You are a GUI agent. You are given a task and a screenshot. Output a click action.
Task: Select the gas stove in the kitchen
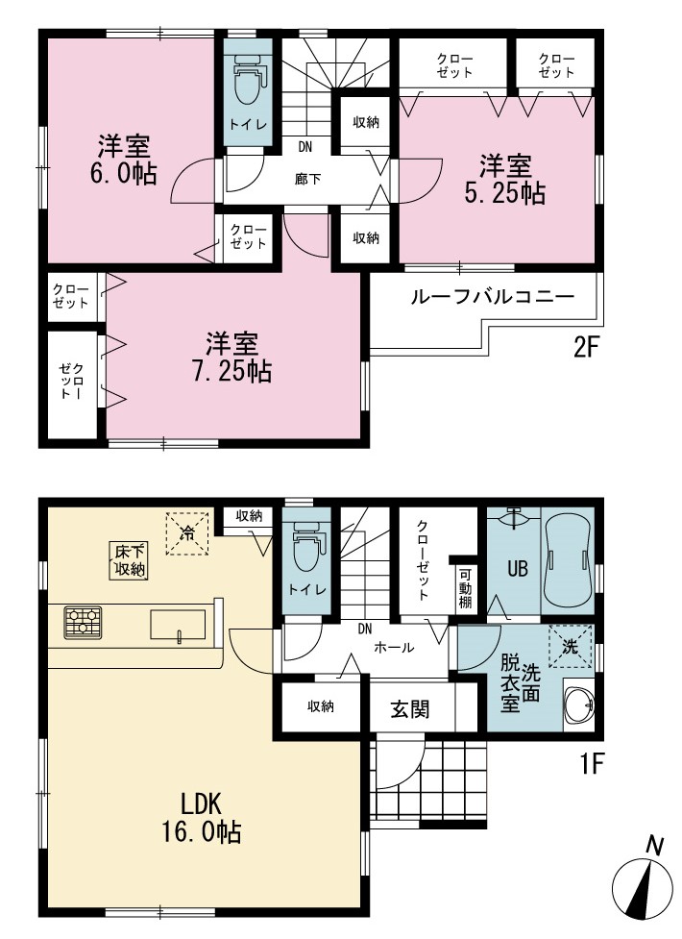click(x=84, y=623)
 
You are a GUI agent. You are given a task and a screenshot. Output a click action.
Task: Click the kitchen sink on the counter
click(x=178, y=626)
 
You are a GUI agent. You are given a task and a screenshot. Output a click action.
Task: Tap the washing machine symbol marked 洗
click(x=570, y=645)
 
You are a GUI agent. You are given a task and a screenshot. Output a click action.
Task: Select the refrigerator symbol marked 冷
click(x=188, y=532)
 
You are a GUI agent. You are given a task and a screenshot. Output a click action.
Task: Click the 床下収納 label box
click(x=128, y=560)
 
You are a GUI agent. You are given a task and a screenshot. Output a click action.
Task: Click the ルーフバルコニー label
click(x=492, y=297)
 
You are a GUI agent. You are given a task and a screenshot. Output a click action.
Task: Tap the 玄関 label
click(x=410, y=709)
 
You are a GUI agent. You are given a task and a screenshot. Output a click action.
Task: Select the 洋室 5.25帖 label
click(x=505, y=179)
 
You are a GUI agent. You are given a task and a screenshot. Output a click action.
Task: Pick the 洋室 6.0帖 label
click(x=124, y=160)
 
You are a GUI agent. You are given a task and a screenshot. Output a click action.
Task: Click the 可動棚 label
click(x=465, y=588)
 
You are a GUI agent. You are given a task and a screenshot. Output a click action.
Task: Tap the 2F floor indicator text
click(x=587, y=348)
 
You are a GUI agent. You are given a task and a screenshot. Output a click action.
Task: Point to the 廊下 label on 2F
click(x=307, y=179)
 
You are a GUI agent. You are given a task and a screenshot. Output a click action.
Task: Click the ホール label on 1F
click(x=394, y=648)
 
